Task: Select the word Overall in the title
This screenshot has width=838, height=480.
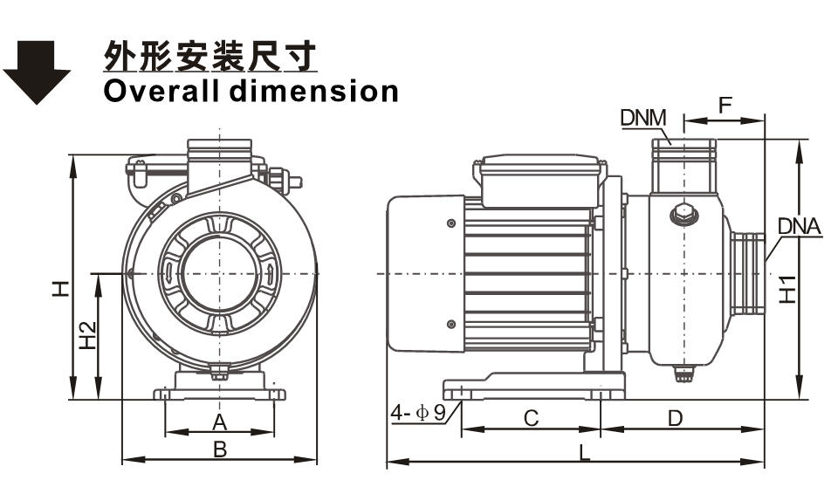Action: pos(161,90)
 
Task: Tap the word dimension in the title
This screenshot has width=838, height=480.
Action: pos(315,90)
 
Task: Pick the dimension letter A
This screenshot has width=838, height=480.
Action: pos(220,422)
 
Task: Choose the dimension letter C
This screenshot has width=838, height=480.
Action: pos(531,419)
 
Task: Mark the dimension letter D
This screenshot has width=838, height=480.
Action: pos(675,419)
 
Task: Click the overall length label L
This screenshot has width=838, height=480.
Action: pos(584,453)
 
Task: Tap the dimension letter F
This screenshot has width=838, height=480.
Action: pos(725,105)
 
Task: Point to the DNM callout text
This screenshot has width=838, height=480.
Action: pos(643,118)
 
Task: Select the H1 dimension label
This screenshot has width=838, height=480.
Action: pos(787,288)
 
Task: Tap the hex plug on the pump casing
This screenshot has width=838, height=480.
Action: pos(682,214)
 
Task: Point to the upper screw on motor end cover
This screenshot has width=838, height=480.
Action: pos(450,225)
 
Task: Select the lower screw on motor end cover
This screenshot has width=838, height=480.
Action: pos(450,324)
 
